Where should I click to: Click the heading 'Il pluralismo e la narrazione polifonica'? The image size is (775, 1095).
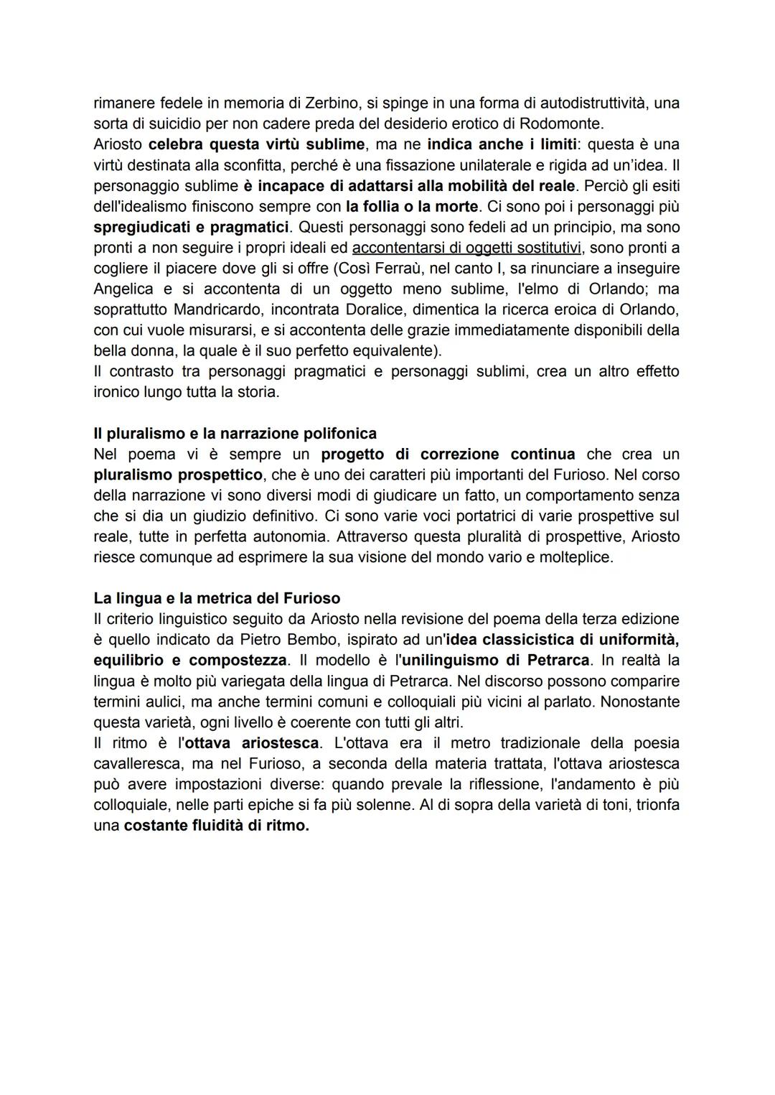click(235, 434)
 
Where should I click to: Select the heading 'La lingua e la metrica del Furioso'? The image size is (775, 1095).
click(217, 598)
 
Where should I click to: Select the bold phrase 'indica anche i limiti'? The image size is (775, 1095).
click(502, 144)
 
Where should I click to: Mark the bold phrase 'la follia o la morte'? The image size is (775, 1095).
click(411, 207)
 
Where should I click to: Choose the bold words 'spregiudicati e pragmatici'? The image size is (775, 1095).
click(191, 228)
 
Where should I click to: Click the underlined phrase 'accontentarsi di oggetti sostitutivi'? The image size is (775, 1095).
click(467, 248)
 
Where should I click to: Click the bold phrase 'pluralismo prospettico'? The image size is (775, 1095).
click(178, 475)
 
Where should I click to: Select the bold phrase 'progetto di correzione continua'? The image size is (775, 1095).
click(447, 455)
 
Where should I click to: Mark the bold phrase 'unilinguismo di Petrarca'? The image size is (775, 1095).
click(491, 661)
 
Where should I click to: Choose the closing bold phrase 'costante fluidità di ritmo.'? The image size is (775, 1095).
click(216, 826)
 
